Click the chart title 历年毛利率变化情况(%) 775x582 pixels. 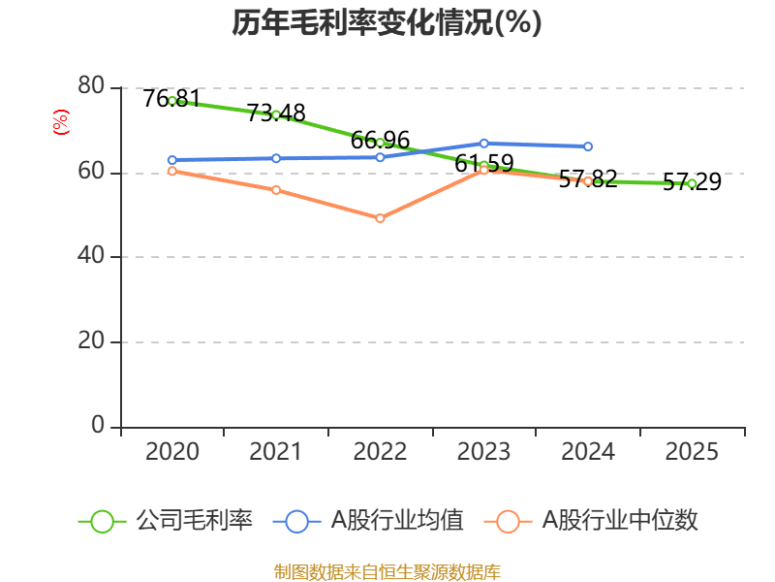click(387, 22)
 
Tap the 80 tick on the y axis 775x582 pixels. click(91, 87)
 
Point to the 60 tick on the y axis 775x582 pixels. click(91, 173)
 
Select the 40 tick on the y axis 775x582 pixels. click(91, 257)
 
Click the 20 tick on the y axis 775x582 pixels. click(91, 341)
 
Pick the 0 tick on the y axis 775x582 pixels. click(98, 426)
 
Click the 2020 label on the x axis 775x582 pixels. click(172, 452)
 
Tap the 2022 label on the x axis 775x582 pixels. click(380, 452)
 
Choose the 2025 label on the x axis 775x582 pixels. click(692, 452)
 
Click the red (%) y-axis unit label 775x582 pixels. click(61, 122)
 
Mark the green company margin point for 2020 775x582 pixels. click(172, 101)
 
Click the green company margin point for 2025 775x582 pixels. click(692, 183)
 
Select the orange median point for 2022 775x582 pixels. click(380, 218)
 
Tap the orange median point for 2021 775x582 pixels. click(276, 190)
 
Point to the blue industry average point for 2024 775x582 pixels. click(588, 146)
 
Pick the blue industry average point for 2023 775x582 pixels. click(484, 144)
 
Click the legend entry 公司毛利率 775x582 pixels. click(194, 521)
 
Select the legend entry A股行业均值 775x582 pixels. click(397, 521)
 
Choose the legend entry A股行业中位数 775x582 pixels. click(620, 521)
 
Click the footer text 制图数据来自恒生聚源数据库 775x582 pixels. click(387, 571)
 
